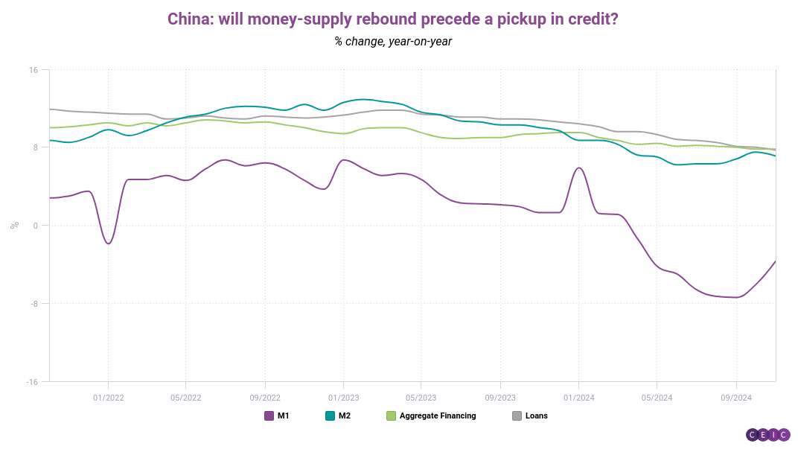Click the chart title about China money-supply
click(392, 19)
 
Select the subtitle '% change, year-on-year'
click(393, 41)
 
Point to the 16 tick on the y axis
click(33, 70)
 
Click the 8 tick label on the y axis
click(36, 147)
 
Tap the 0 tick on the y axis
click(36, 226)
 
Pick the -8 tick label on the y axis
click(34, 304)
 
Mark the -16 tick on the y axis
click(32, 382)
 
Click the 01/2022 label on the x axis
click(109, 398)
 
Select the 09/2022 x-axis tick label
click(265, 398)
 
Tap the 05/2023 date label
click(421, 398)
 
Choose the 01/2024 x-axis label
click(578, 398)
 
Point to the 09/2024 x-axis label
click(736, 398)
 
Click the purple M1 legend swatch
click(269, 416)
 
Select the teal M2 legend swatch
click(331, 416)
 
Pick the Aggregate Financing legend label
click(438, 416)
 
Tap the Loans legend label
click(537, 416)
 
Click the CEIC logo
click(768, 435)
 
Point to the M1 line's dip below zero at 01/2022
click(108, 243)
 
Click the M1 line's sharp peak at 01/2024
click(579, 168)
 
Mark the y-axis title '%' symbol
click(14, 225)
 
